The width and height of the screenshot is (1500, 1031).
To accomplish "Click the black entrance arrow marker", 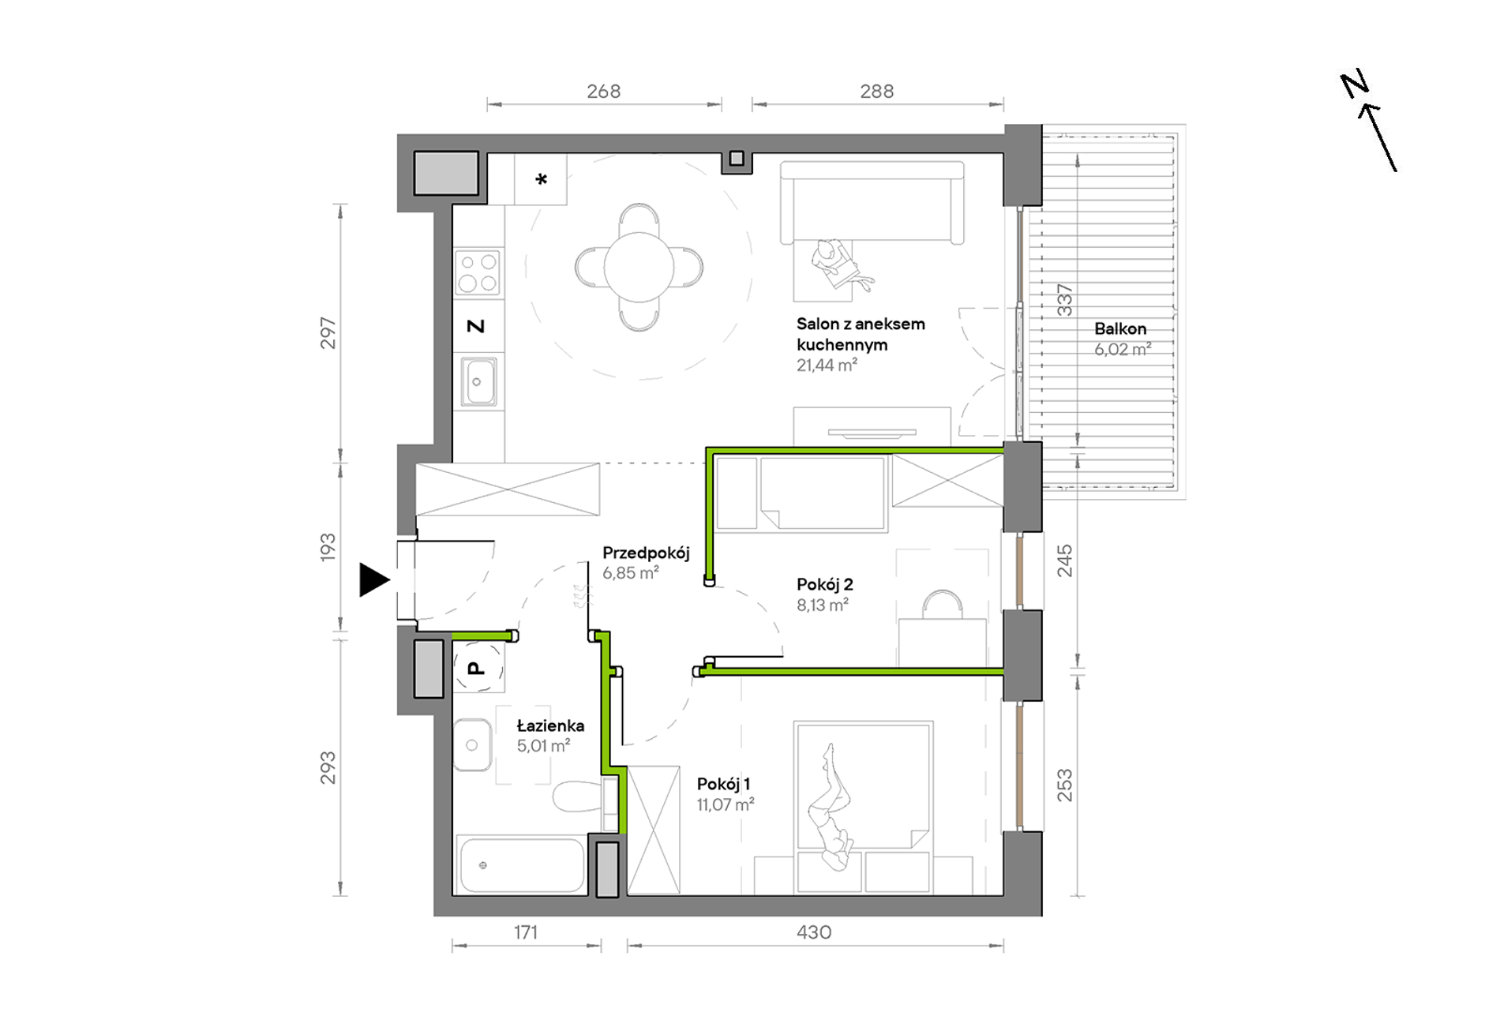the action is pos(374,579).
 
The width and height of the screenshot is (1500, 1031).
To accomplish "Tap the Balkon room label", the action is pos(1120,328).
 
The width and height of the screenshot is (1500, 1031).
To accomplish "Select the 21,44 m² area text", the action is pos(827,365).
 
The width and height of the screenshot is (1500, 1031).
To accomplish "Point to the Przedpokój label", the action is pos(646,553).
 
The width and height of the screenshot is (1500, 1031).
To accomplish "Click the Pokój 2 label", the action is pos(824,584).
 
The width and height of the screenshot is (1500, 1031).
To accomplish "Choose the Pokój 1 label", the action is pos(723,784).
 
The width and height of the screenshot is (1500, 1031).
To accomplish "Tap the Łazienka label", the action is pos(550,725).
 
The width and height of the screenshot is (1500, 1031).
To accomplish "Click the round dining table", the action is pos(639,267).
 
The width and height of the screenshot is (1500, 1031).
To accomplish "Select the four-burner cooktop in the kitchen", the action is pos(478,272).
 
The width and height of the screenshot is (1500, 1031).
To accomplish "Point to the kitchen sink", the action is pos(478,381).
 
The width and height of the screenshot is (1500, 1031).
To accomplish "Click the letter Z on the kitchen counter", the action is pos(475,326).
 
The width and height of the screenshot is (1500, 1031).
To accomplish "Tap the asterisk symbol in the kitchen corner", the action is pos(541,179).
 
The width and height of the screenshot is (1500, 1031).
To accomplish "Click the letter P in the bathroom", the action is pos(475,669).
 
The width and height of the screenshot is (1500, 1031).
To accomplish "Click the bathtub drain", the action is pos(482,865).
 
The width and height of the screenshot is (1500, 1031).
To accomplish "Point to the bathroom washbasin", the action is pos(472,744).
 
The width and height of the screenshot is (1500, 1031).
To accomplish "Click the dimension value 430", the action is pos(814,932).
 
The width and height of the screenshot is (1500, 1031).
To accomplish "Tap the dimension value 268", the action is pos(604,92).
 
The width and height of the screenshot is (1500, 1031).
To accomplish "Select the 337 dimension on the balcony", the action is pos(1065,300).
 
